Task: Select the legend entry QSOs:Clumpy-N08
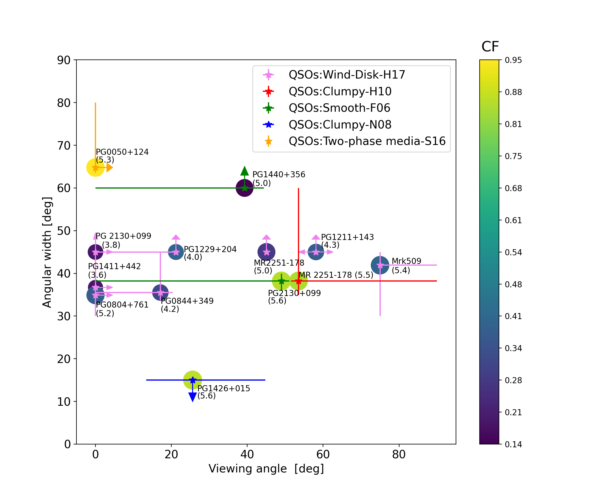[x=340, y=125]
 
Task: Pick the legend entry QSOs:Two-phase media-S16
[x=367, y=141]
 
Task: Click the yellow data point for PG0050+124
[x=95, y=167]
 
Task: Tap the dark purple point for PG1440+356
[x=245, y=188]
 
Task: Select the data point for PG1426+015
[x=192, y=380]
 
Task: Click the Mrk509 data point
[x=380, y=265]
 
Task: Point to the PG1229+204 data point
[x=176, y=252]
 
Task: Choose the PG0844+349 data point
[x=160, y=293]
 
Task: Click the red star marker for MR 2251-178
[x=299, y=281]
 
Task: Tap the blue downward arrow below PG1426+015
[x=192, y=397]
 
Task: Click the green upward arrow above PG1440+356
[x=245, y=171]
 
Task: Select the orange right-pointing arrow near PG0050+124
[x=109, y=167]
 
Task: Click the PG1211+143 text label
[x=347, y=237]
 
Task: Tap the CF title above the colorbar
[x=490, y=47]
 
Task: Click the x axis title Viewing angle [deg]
[x=266, y=469]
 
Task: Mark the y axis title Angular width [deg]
[x=47, y=252]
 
